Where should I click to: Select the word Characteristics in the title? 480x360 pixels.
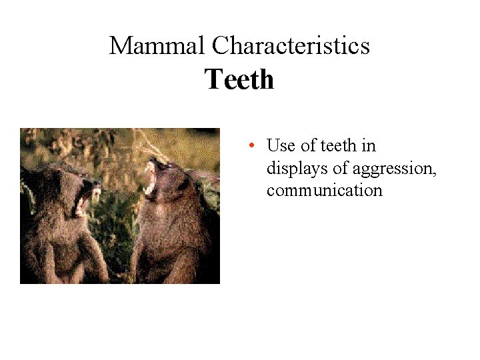point(291,46)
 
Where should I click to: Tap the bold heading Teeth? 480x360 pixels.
point(239,80)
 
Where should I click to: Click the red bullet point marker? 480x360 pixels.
point(251,145)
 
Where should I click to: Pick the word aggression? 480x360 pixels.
point(393,169)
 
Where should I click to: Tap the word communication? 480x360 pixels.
point(324,191)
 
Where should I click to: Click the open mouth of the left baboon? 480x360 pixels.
point(86,198)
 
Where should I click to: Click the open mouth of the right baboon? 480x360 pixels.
point(151,177)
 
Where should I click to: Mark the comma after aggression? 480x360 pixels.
point(435,173)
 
